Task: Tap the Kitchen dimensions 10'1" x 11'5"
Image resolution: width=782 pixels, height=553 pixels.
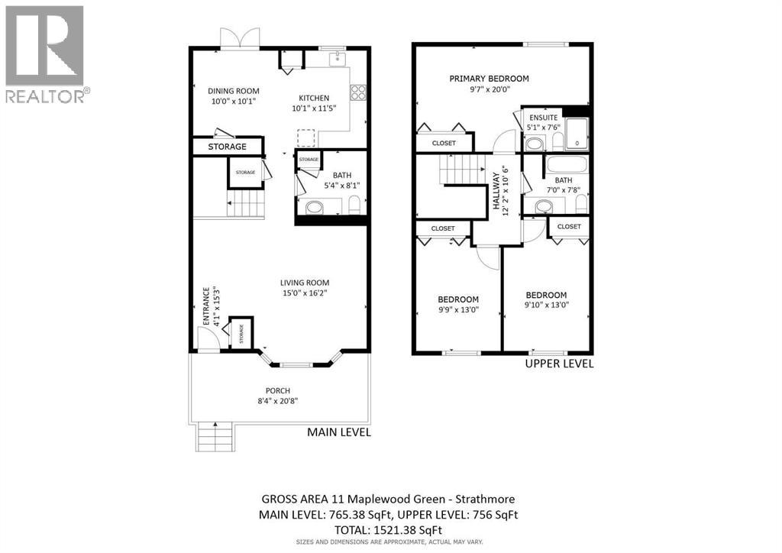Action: tap(314, 108)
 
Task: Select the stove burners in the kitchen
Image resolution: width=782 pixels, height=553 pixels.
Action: tap(357, 92)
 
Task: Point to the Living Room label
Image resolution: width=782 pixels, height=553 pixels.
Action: tap(304, 282)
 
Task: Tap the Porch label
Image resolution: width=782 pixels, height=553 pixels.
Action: tap(278, 390)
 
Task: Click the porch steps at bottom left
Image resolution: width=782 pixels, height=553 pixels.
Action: tap(215, 438)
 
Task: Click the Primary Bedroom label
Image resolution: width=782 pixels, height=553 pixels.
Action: tap(489, 79)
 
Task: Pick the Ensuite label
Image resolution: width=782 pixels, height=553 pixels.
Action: tap(543, 117)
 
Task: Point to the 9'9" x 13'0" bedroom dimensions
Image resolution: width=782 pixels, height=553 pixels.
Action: tap(458, 310)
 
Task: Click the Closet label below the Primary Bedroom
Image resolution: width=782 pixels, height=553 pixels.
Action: tap(444, 143)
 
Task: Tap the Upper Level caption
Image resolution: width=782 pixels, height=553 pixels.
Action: tap(559, 364)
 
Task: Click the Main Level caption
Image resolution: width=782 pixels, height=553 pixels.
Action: tap(339, 432)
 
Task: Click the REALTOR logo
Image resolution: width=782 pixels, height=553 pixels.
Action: tap(45, 53)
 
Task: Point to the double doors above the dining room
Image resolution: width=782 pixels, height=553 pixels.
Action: tap(239, 37)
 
